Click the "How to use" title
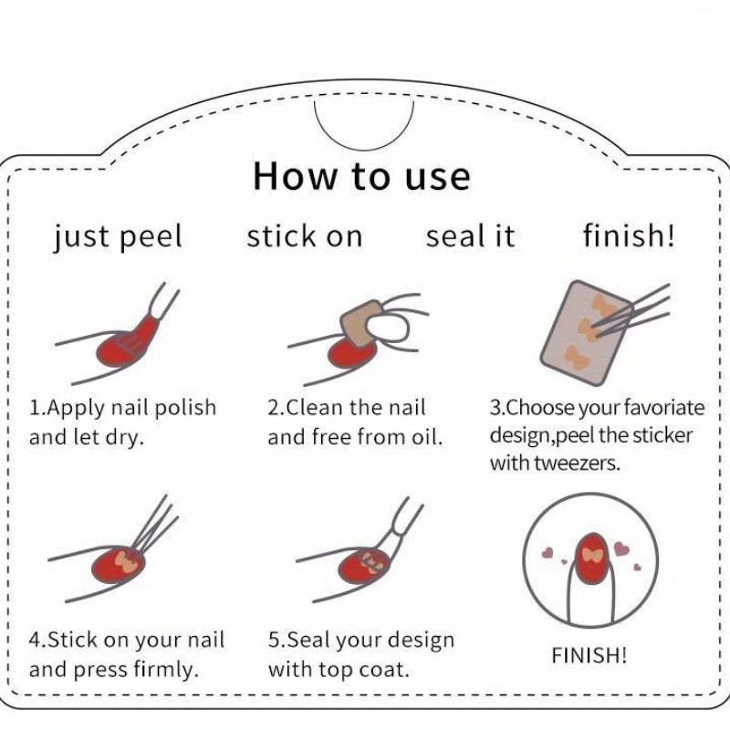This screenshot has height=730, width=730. click(361, 176)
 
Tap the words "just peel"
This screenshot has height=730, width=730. click(118, 236)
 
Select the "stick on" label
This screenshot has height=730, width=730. click(305, 236)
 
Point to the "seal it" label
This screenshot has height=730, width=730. click(470, 236)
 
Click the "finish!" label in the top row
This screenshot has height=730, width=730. click(629, 235)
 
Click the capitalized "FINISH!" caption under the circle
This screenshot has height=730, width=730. click(589, 655)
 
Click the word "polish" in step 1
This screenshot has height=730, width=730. click(185, 408)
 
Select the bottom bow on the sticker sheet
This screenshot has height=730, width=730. click(578, 358)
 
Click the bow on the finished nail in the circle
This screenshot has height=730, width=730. click(591, 555)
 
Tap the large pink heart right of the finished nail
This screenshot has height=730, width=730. click(621, 548)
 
